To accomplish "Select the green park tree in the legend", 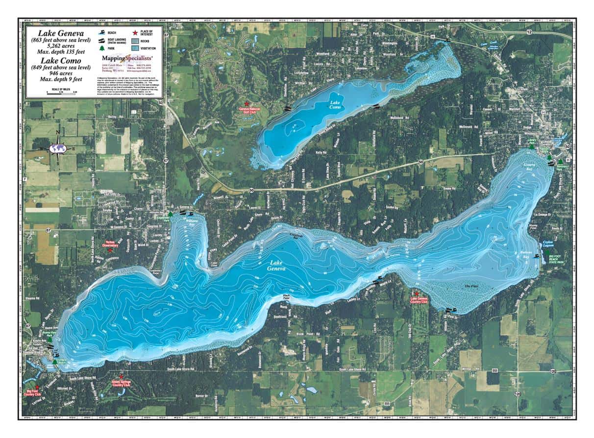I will (x=102, y=48).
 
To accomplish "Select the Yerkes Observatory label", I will (x=110, y=243).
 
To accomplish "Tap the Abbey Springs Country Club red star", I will (x=121, y=376).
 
